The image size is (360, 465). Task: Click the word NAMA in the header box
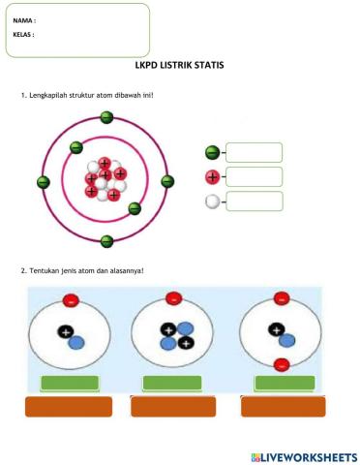click(23, 19)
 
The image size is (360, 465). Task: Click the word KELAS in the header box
click(23, 34)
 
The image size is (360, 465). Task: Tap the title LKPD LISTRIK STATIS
click(180, 66)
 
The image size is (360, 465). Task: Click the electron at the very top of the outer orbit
click(106, 118)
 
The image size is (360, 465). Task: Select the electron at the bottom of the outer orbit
click(106, 241)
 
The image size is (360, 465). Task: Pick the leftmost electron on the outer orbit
click(43, 181)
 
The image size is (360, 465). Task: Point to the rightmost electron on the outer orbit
click(167, 181)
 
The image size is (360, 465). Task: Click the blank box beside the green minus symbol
click(254, 152)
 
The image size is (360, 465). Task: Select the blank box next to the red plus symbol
click(254, 176)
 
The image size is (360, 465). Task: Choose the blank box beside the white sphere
click(254, 201)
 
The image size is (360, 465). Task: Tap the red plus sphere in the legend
click(212, 176)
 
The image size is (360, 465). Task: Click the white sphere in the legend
click(212, 201)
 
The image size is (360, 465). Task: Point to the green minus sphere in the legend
click(212, 152)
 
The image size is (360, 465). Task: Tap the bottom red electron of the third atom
click(280, 364)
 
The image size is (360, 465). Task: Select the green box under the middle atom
click(172, 383)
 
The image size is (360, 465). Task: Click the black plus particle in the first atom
click(65, 332)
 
